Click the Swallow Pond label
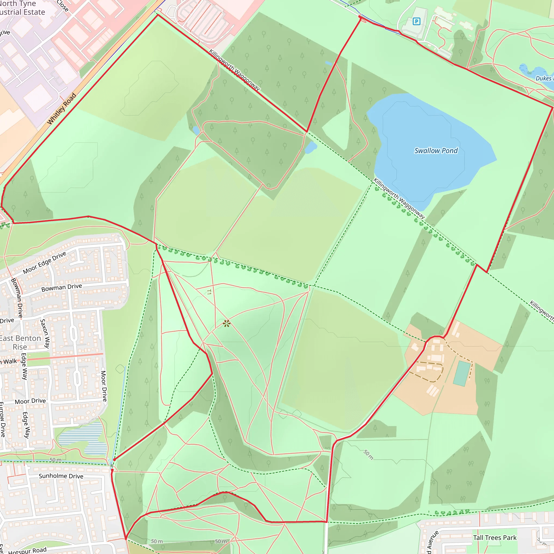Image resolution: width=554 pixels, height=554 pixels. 436,151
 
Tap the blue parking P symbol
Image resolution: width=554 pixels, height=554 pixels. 416,21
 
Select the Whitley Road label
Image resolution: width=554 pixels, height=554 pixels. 62,109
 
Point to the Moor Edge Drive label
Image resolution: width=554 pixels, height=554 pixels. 44,262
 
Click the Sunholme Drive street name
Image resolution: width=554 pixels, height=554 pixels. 61,476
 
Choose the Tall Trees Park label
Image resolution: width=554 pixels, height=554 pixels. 495,538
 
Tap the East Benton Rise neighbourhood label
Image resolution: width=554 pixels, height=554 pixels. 20,342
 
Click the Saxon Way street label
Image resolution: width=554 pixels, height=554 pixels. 45,334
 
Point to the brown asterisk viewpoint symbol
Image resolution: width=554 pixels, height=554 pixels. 226,324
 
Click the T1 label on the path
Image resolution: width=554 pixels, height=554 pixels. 209,292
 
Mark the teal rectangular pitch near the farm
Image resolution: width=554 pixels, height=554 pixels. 462,373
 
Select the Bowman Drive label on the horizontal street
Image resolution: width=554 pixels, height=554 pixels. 62,288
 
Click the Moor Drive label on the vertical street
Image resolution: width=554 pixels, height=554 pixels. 104,386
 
